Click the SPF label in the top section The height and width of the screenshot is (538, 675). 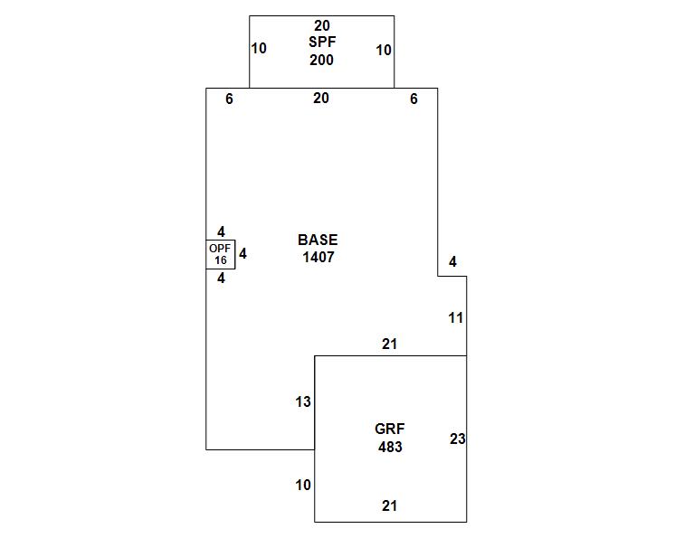pyautogui.click(x=321, y=42)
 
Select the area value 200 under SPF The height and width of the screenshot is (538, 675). pyautogui.click(x=321, y=61)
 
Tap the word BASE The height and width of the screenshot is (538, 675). pyautogui.click(x=318, y=241)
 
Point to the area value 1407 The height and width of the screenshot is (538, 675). pyautogui.click(x=318, y=257)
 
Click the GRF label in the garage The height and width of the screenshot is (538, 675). pyautogui.click(x=390, y=429)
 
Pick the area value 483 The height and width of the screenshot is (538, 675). pyautogui.click(x=390, y=447)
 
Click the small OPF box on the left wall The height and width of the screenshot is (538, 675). pyautogui.click(x=221, y=254)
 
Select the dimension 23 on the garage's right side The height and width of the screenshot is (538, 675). pyautogui.click(x=458, y=439)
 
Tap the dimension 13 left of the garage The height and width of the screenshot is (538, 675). pyautogui.click(x=303, y=401)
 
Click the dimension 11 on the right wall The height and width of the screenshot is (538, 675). pyautogui.click(x=456, y=318)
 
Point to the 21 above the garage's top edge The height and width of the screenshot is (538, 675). pyautogui.click(x=389, y=345)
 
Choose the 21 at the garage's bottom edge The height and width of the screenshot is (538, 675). pyautogui.click(x=389, y=506)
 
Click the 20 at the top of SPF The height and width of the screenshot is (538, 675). pyautogui.click(x=321, y=26)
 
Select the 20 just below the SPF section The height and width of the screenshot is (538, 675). pyautogui.click(x=321, y=99)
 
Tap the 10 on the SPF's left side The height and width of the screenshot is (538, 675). pyautogui.click(x=259, y=49)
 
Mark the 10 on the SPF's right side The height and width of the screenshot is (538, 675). pyautogui.click(x=384, y=51)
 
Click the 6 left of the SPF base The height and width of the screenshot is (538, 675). pyautogui.click(x=230, y=99)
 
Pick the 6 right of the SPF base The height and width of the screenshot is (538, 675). pyautogui.click(x=414, y=99)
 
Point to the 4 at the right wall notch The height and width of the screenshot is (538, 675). pyautogui.click(x=452, y=263)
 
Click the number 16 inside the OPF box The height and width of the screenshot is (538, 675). pyautogui.click(x=221, y=260)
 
